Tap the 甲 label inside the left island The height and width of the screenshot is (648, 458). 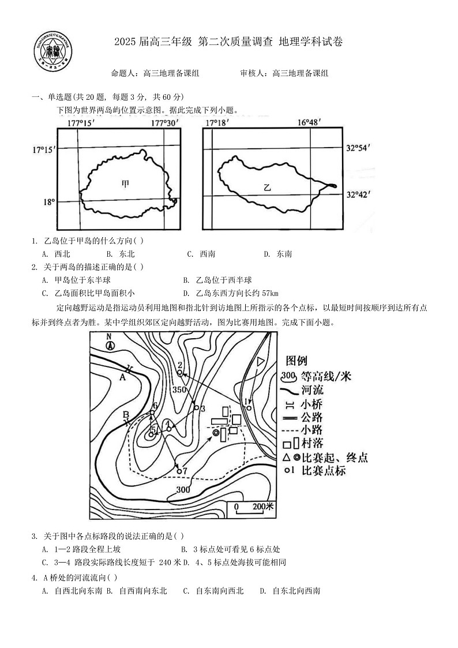point(125,184)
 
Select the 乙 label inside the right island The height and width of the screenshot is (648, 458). point(266,187)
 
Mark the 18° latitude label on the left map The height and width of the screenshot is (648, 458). point(50,202)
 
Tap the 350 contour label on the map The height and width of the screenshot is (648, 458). point(179,389)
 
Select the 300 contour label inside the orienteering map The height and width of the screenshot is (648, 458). point(183,490)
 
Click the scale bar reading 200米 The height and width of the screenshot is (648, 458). point(254,507)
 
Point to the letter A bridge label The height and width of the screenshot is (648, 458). point(122,377)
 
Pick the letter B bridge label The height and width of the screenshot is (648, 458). point(126,413)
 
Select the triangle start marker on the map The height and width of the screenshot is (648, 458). point(261,361)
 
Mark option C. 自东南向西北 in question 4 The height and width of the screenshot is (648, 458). point(213,590)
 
